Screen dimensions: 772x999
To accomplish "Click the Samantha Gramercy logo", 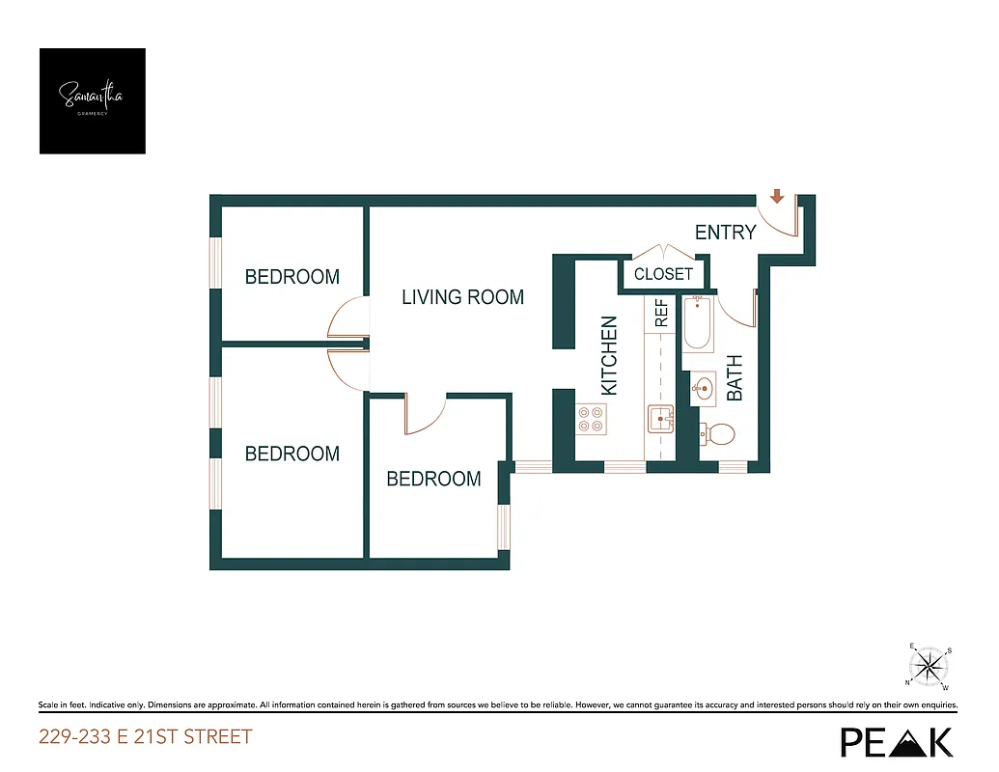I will [92, 101].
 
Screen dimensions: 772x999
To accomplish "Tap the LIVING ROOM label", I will [462, 297].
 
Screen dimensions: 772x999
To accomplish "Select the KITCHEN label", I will [609, 355].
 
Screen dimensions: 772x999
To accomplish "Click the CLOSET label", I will [663, 274].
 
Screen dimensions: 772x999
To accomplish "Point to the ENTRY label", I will [725, 233].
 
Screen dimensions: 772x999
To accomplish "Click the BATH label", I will [735, 377].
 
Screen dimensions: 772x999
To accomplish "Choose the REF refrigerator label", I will [662, 315].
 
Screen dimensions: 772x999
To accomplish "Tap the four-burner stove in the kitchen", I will [591, 419].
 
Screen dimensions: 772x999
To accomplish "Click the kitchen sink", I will [661, 420].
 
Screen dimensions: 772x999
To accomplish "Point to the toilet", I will [717, 434].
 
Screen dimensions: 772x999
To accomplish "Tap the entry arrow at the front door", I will [776, 198].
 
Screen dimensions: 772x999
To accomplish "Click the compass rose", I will [930, 665].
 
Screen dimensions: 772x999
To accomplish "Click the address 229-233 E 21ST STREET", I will [145, 737].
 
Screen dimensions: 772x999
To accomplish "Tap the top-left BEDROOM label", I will [291, 277].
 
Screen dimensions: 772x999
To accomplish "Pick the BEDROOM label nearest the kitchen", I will [433, 479].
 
